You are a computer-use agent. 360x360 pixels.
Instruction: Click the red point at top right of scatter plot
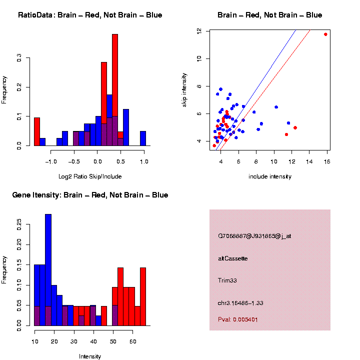325,34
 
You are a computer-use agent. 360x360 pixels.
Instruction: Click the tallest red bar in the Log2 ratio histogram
115,90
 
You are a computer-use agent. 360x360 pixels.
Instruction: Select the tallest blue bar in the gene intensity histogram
48,270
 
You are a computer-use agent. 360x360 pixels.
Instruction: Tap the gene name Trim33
227,280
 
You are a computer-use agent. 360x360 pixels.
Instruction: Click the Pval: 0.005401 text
238,319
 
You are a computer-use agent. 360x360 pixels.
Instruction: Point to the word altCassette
233,258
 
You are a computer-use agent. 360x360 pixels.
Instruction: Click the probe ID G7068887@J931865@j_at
254,236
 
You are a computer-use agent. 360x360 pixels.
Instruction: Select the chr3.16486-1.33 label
240,303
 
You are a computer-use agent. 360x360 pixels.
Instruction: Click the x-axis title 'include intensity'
270,176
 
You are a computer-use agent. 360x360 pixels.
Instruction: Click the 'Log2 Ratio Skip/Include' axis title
90,176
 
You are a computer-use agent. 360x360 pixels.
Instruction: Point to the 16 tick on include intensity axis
326,162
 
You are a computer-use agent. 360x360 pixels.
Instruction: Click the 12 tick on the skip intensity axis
199,31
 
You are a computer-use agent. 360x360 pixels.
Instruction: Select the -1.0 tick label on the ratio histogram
49,162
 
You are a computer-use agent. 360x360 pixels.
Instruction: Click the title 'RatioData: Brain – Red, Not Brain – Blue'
90,15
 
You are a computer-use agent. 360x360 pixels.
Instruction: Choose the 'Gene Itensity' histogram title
90,195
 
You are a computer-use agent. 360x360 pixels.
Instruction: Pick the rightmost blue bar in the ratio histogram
143,138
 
